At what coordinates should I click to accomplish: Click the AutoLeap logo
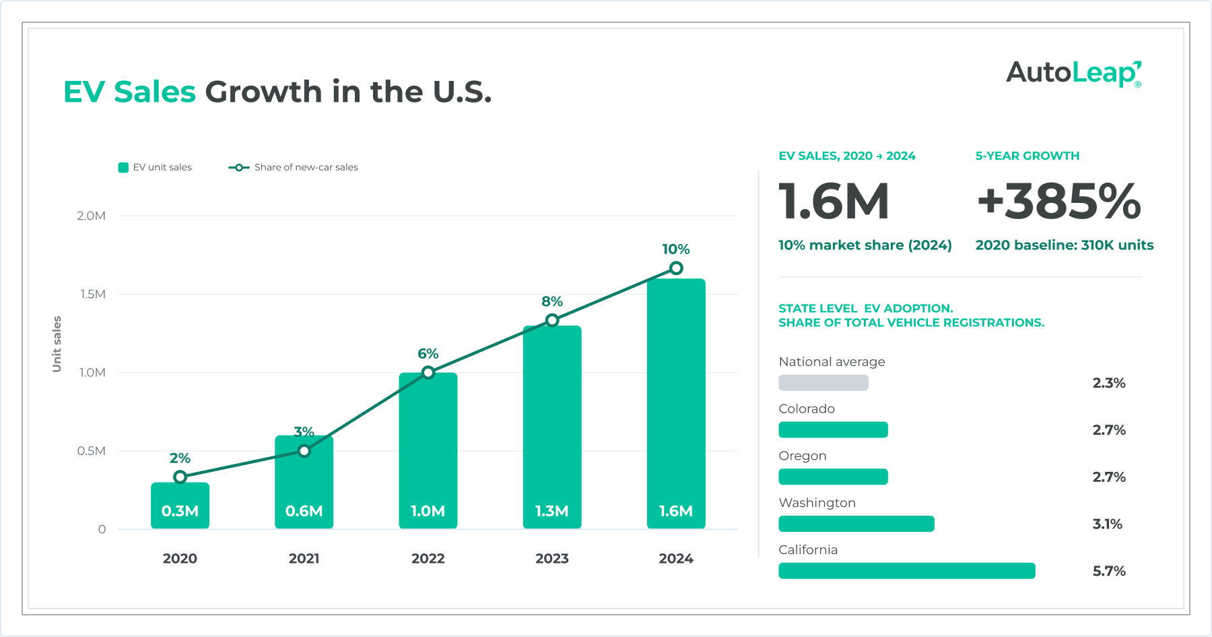1074,73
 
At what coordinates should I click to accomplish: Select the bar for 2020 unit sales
180,506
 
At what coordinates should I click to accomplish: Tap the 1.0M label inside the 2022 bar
428,511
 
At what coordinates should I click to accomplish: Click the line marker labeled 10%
676,268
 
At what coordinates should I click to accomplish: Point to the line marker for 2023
552,320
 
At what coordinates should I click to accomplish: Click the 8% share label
552,301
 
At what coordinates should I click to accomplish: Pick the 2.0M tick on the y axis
91,216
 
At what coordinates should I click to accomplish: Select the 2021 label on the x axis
304,558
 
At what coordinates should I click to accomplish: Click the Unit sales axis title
57,344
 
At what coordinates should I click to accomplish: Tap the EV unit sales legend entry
155,167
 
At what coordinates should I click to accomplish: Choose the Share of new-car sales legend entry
294,167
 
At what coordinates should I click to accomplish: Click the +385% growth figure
1059,202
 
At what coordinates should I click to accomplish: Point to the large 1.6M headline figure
834,202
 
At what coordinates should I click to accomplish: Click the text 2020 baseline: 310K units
1065,245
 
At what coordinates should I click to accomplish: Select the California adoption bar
907,571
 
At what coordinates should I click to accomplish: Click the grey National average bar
823,383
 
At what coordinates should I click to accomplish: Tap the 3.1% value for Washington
1108,524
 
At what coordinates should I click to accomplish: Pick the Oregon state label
803,456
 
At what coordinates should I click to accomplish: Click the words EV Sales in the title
129,92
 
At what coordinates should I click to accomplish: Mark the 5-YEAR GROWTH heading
1028,156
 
